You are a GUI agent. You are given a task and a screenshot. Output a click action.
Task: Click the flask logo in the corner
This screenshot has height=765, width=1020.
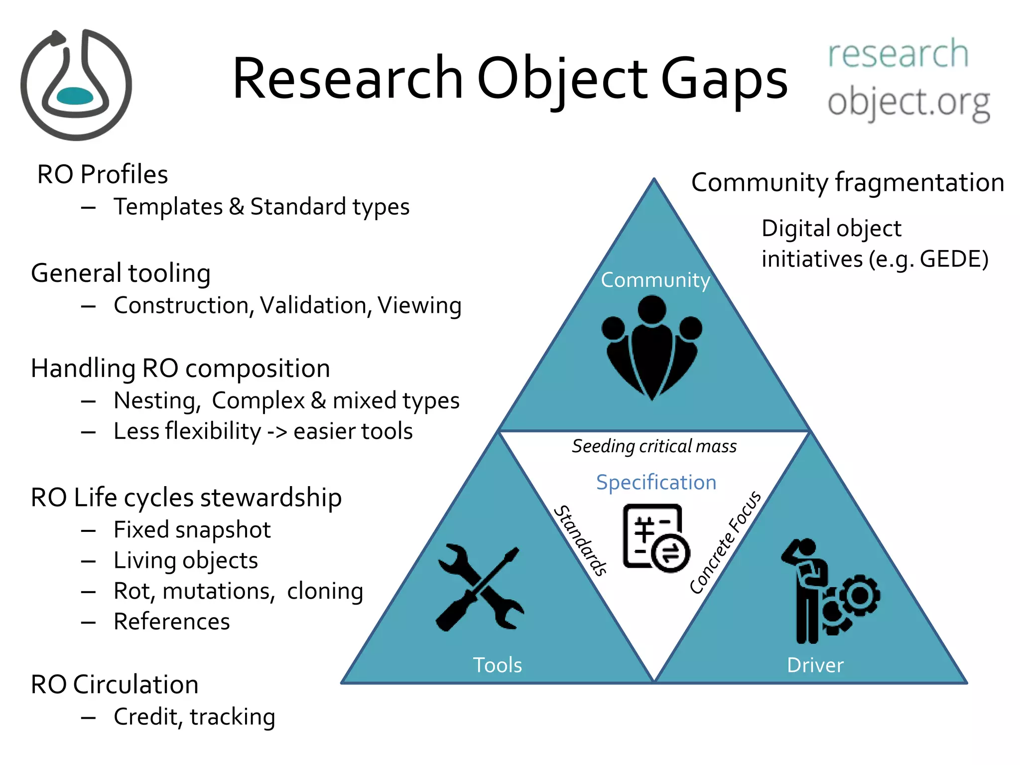[x=76, y=85]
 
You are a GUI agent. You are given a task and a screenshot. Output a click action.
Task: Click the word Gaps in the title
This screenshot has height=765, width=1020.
[x=724, y=80]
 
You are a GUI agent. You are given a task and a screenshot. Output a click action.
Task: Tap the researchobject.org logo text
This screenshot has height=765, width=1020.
[x=908, y=80]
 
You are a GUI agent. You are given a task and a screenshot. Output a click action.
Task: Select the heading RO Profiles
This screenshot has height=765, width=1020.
[x=103, y=174]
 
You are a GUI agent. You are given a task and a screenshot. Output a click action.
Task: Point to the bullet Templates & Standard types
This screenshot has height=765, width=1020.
[x=261, y=207]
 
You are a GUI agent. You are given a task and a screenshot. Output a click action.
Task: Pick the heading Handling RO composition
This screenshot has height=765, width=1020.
[x=180, y=369]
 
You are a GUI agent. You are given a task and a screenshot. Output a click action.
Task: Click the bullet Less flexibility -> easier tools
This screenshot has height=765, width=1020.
[x=263, y=431]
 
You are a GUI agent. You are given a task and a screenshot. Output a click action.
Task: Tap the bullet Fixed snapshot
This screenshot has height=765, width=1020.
[x=192, y=529]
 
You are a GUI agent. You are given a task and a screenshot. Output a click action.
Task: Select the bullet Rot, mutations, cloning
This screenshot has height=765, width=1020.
[x=238, y=591]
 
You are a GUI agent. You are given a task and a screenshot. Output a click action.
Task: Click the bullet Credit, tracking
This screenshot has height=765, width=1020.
[x=194, y=717]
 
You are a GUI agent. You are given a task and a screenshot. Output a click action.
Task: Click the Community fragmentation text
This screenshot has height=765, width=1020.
[x=847, y=182]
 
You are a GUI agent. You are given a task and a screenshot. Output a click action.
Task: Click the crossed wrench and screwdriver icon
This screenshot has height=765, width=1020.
[x=480, y=588]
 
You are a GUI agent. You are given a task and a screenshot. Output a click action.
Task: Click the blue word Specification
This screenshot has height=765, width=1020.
[x=656, y=483]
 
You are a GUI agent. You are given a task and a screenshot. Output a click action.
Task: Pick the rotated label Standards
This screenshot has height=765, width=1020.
[x=581, y=540]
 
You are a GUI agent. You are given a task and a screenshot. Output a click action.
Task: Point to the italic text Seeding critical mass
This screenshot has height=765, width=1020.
[x=654, y=446]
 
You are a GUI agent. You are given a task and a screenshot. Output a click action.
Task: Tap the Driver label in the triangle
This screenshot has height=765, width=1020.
[x=815, y=665]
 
